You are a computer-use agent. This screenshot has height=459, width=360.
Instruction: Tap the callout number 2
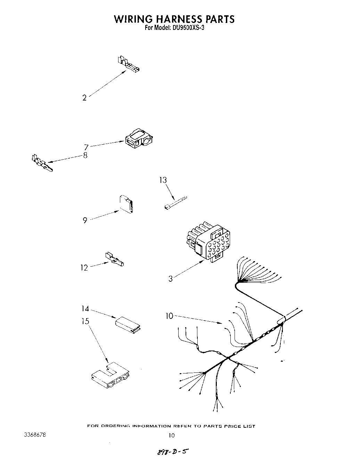point(84,98)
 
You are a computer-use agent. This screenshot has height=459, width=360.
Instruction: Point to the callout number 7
point(86,147)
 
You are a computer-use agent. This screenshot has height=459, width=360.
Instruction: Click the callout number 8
point(85,155)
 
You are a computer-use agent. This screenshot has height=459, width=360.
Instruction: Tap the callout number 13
point(163,180)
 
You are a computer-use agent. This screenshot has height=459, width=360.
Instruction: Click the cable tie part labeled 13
point(175,203)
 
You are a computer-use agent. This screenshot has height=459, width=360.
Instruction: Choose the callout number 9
point(85,220)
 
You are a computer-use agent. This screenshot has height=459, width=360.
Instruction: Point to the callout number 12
point(84,268)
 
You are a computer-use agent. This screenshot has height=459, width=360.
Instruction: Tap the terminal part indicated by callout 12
point(114,259)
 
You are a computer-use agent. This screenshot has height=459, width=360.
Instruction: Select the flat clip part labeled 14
point(128,325)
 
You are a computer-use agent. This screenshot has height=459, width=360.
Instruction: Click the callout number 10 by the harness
point(169,316)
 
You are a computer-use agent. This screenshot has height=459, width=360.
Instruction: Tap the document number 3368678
point(35,435)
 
